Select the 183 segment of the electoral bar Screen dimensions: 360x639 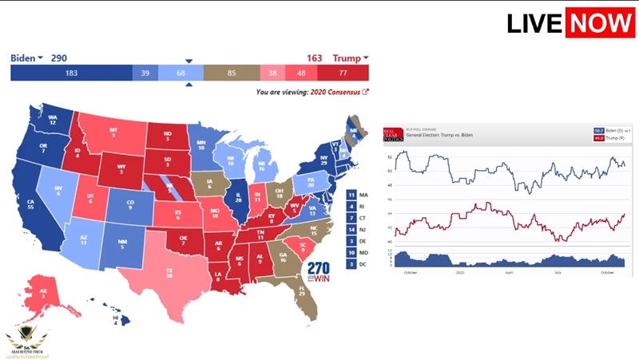click(x=71, y=73)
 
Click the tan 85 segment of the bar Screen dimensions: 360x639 click(x=231, y=73)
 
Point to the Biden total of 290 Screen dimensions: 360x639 click(x=59, y=58)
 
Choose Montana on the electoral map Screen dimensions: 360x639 click(x=114, y=135)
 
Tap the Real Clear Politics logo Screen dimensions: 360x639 click(x=391, y=134)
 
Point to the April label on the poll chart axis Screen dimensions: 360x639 click(x=509, y=272)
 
